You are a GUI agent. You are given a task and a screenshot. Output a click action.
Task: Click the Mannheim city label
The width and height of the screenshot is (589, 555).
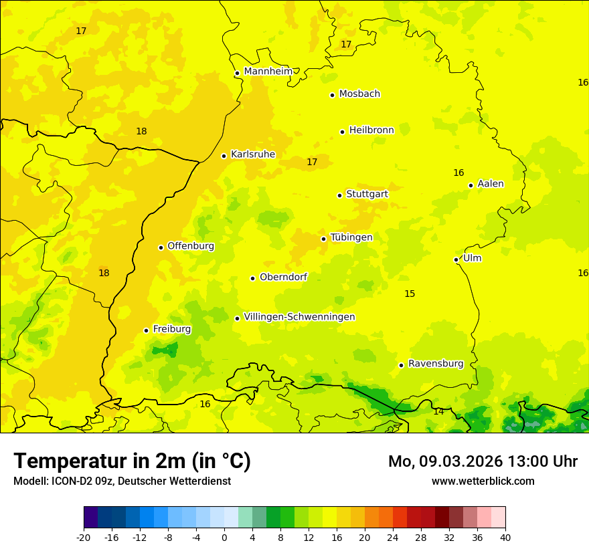268,71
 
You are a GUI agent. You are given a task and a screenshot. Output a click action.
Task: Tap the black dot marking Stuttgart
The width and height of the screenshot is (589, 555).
339,195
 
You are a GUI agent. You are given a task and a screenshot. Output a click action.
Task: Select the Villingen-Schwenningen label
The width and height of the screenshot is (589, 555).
299,317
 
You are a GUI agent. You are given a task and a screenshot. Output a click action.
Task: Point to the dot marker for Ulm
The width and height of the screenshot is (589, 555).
456,259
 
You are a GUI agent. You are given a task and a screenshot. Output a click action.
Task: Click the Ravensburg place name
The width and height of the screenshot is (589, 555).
436,364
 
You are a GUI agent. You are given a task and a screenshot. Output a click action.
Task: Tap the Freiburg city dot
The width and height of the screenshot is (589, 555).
146,330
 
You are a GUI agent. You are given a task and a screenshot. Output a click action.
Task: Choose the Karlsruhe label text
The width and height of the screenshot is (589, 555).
253,154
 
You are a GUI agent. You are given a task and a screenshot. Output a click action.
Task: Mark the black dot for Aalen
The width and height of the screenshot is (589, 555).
471,185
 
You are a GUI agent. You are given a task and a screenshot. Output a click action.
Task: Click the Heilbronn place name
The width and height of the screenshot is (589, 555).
371,130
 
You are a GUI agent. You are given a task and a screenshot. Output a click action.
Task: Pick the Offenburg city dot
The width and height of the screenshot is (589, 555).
161,247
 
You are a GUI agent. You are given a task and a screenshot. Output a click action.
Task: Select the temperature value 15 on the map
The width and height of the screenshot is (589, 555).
410,294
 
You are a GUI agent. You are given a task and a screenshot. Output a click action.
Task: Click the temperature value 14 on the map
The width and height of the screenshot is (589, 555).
438,412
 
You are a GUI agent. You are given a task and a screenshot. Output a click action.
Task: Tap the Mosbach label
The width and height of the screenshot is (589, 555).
359,94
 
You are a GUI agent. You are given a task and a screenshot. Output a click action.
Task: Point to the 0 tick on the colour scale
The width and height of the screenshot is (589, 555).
224,538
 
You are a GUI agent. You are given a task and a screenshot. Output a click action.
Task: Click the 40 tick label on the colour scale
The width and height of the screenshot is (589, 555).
505,538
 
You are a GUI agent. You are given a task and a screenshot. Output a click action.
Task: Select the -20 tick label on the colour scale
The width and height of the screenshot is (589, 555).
84,538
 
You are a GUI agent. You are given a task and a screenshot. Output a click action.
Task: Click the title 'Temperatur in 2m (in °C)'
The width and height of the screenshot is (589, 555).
132,461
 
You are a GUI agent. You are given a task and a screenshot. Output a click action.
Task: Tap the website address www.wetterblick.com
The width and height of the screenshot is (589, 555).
483,481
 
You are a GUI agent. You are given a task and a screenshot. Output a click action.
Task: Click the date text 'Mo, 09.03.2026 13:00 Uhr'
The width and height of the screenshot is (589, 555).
483,461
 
